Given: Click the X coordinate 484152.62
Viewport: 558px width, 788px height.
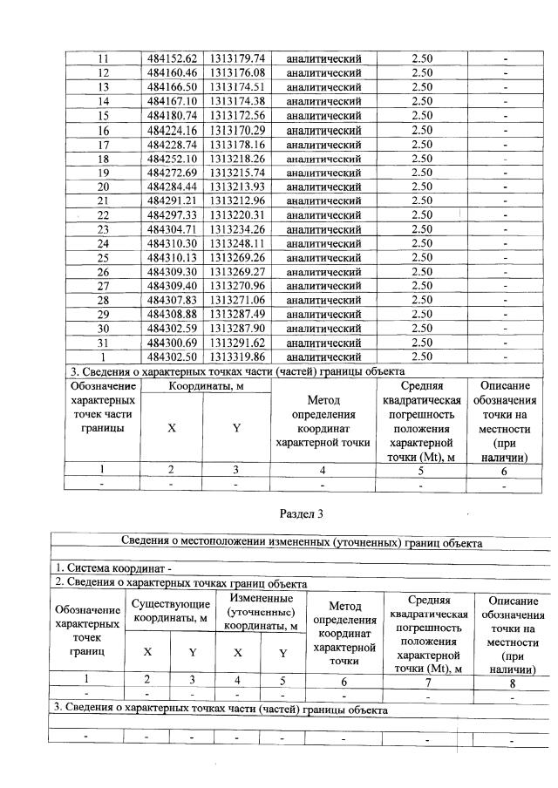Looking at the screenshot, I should [x=173, y=58].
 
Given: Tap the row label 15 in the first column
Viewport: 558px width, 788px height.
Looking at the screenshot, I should [x=103, y=115].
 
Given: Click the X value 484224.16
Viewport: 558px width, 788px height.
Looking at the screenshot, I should [x=173, y=130].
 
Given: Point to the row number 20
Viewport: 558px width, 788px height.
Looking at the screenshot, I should [x=103, y=187].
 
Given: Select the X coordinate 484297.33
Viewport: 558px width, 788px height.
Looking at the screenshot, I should [x=173, y=214].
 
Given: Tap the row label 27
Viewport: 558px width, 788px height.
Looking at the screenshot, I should [x=103, y=286].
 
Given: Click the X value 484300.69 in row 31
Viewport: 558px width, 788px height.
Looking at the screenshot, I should [x=173, y=343].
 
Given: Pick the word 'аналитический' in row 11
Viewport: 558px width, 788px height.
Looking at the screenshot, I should [x=323, y=58].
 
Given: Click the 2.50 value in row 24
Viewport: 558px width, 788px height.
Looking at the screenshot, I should [x=422, y=243].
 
